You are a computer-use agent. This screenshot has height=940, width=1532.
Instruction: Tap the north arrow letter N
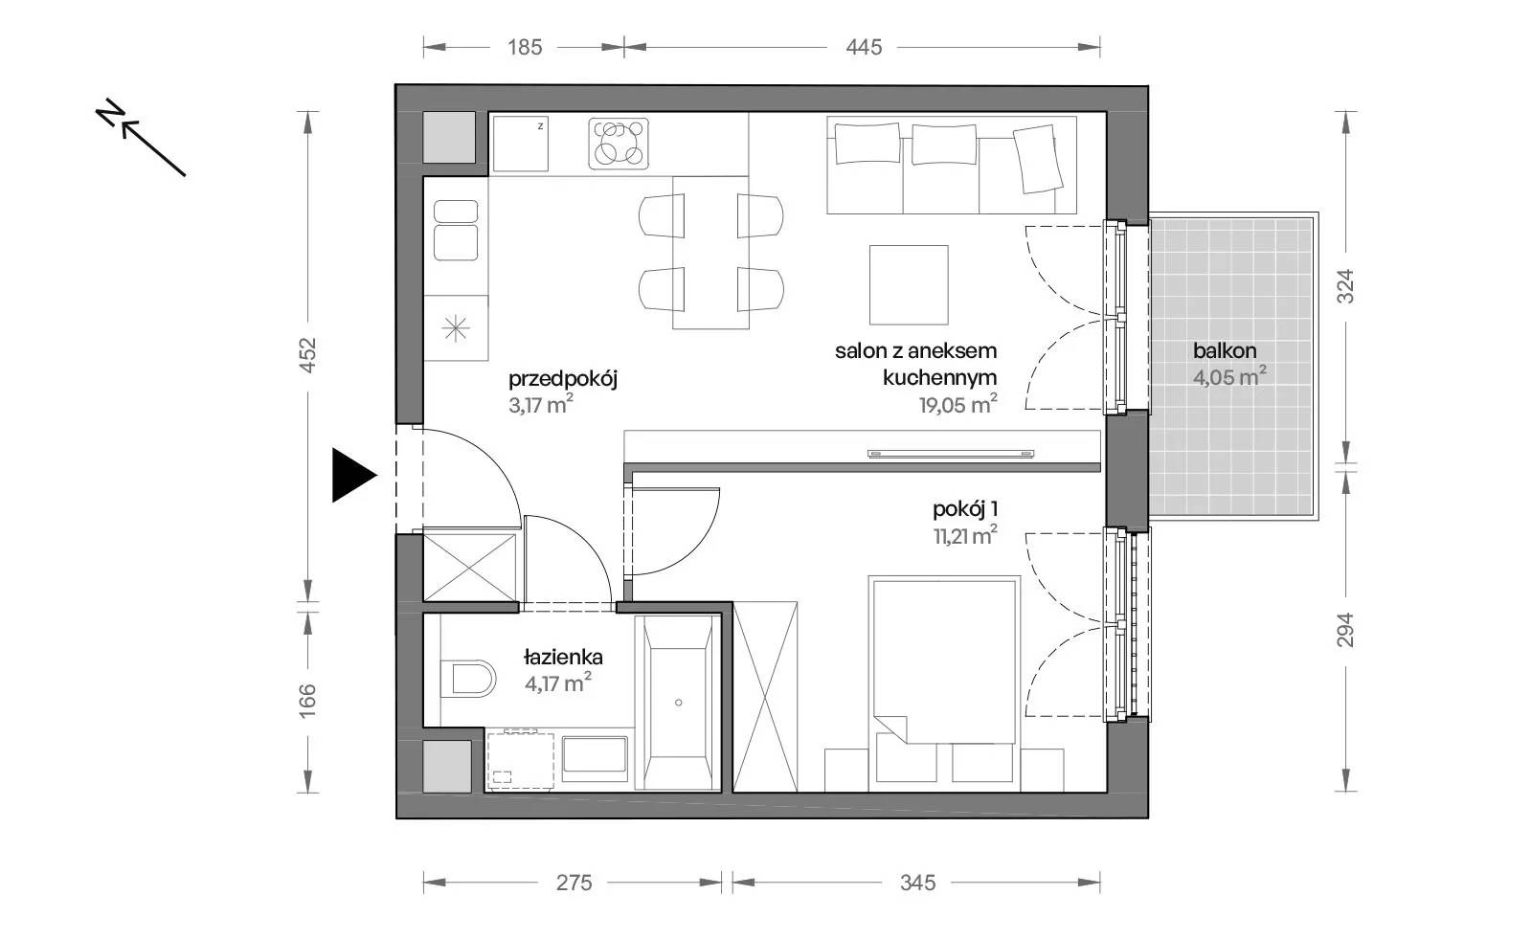pyautogui.click(x=110, y=114)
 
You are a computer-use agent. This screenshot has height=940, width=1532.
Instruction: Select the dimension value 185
pyautogui.click(x=525, y=47)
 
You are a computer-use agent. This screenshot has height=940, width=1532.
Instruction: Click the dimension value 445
pyautogui.click(x=864, y=47)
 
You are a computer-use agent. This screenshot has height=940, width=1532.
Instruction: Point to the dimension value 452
pyautogui.click(x=308, y=355)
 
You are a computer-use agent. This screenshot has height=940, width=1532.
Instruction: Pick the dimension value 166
pyautogui.click(x=308, y=701)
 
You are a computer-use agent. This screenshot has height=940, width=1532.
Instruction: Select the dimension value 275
pyautogui.click(x=574, y=883)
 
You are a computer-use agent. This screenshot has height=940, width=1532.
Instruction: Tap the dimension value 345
pyautogui.click(x=917, y=883)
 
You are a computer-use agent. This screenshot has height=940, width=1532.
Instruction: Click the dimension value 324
pyautogui.click(x=1345, y=286)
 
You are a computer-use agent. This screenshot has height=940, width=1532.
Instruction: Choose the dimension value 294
pyautogui.click(x=1345, y=630)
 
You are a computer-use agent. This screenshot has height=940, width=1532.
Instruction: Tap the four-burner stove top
pyautogui.click(x=619, y=144)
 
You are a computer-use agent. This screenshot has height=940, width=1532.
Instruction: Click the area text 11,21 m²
pyautogui.click(x=965, y=535)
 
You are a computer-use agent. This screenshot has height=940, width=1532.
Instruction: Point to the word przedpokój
pyautogui.click(x=563, y=379)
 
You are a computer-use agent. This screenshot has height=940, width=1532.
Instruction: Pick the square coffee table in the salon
pyautogui.click(x=909, y=285)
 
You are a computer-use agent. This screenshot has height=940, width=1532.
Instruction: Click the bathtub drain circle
pyautogui.click(x=679, y=703)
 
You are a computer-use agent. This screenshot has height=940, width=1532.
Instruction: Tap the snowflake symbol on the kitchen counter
pyautogui.click(x=456, y=329)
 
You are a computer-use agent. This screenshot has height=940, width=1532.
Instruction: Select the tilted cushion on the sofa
pyautogui.click(x=1038, y=159)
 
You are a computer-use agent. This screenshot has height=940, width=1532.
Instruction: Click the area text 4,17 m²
pyautogui.click(x=558, y=683)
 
